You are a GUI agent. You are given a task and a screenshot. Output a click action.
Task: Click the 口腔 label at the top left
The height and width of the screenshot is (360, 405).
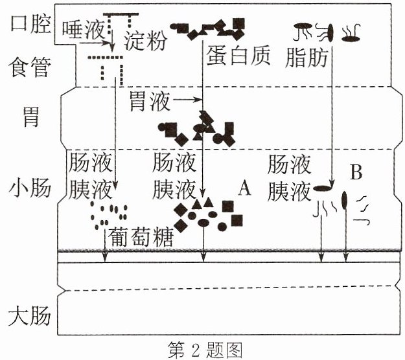tap(30, 24)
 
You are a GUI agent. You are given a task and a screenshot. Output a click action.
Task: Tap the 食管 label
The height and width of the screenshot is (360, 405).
tap(29, 67)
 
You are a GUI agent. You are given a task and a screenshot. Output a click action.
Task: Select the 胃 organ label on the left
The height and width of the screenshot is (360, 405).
tap(31, 117)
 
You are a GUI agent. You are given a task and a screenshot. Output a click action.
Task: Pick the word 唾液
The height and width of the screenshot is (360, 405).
tap(83, 30)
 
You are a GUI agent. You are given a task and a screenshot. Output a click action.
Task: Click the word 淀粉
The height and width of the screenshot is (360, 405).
tap(145, 41)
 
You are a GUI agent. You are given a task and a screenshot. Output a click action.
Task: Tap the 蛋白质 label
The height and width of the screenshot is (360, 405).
tap(238, 56)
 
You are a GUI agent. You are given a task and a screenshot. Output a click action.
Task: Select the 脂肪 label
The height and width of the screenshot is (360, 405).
tap(307, 58)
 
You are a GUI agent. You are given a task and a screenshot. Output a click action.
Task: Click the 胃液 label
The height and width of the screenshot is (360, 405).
tap(150, 101)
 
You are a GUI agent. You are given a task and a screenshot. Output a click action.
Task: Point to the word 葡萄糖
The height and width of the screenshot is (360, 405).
tap(141, 237)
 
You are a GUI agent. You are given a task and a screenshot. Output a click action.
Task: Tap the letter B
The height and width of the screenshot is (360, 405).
tap(356, 172)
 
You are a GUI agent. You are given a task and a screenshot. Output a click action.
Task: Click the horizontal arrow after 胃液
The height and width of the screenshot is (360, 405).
tap(187, 99)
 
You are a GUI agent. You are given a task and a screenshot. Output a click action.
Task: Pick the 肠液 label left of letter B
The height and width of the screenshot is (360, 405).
tap(289, 164)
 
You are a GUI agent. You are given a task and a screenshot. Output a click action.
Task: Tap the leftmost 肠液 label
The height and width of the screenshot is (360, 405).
tap(91, 163)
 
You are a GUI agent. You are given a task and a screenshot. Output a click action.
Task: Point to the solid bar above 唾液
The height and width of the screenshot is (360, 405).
tap(121, 14)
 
